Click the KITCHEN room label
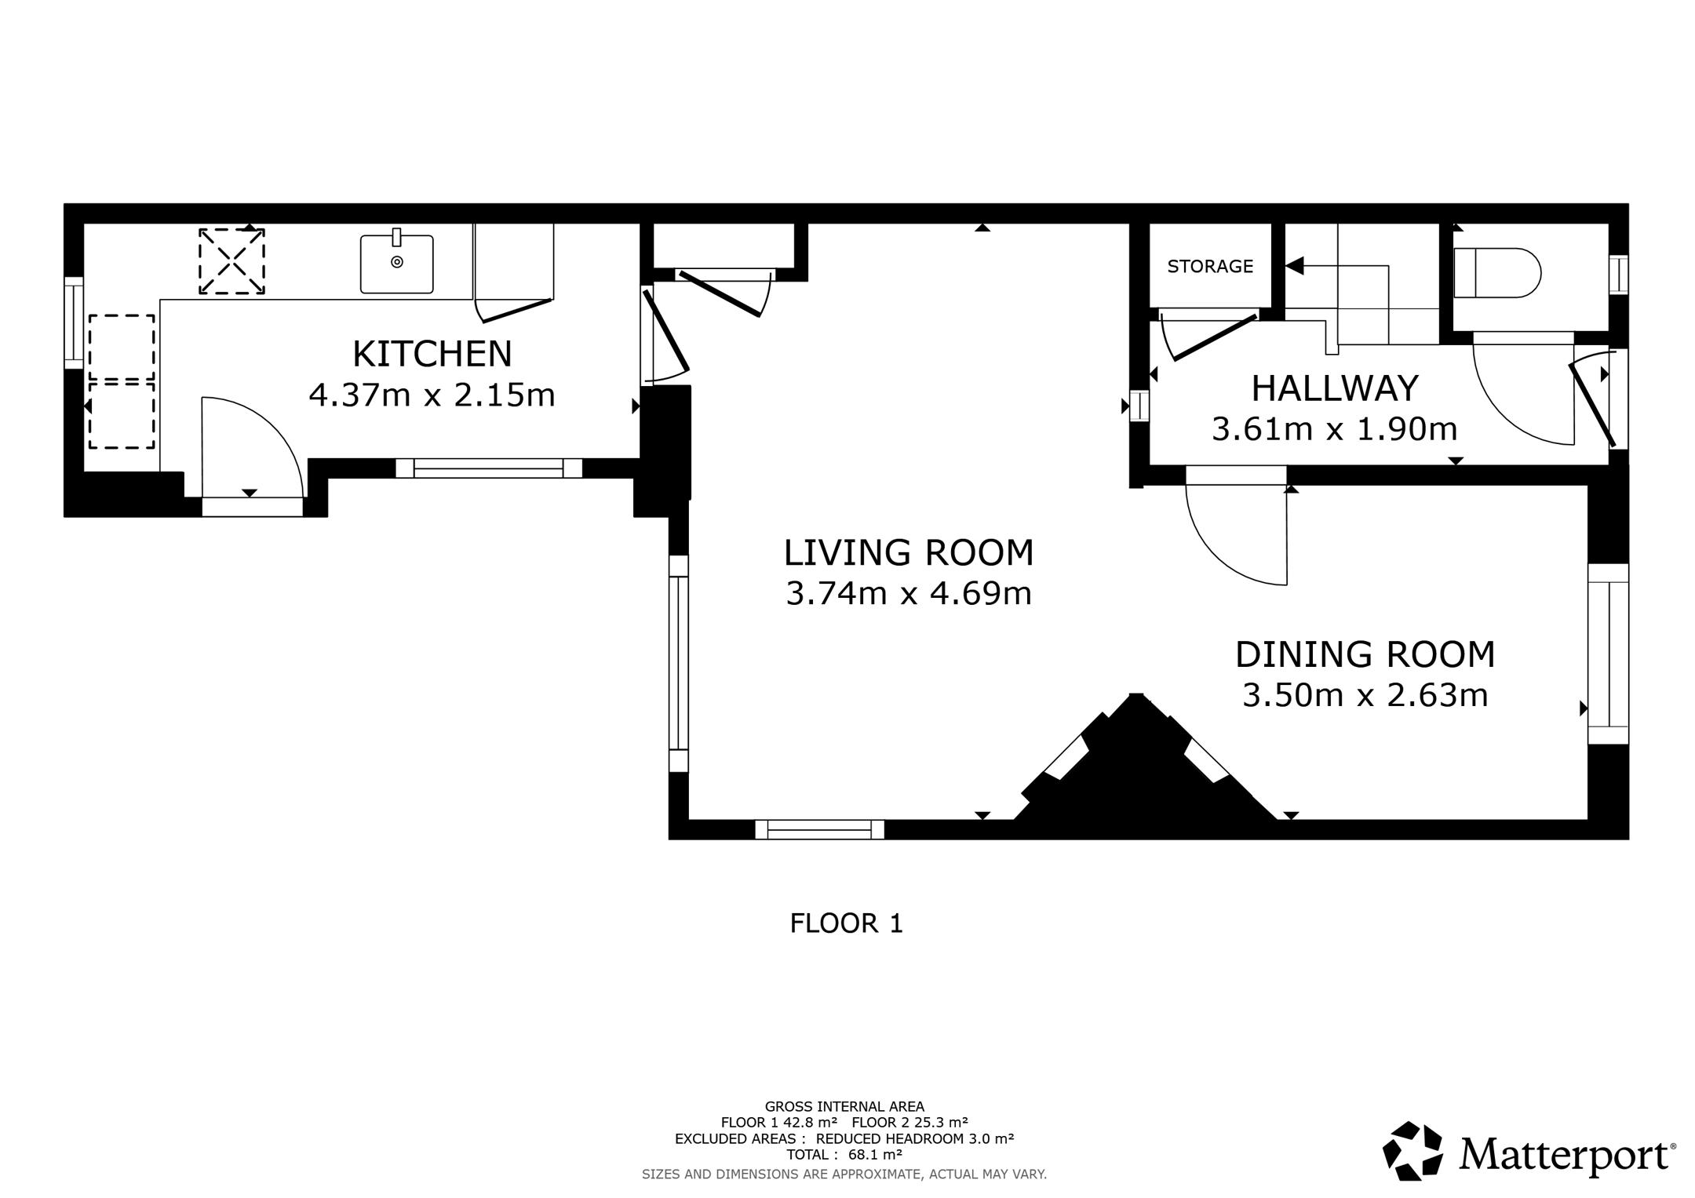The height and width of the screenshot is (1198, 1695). coord(432,354)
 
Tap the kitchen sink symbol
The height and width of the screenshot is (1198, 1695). coord(397,264)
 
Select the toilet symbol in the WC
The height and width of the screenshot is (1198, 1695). coord(1497,273)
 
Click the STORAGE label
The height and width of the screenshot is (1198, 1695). coord(1210,267)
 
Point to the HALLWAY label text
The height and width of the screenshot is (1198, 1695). coord(1335,388)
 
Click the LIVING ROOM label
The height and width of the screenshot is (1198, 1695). coord(909,552)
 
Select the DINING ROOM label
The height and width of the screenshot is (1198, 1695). coord(1365,654)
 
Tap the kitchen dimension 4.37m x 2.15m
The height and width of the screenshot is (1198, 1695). coord(432,395)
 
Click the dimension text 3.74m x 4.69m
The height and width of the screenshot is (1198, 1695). coord(909,593)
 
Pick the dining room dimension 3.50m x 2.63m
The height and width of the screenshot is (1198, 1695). coord(1365,695)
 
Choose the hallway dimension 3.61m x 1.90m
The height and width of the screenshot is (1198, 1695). coord(1335,429)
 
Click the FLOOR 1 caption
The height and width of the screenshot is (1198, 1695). coord(847,923)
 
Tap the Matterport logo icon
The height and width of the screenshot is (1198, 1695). coord(1412,1151)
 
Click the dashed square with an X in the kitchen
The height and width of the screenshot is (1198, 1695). coord(231,261)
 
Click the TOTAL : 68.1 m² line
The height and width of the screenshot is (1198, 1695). coord(844,1155)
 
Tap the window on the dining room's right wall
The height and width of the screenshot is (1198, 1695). coord(1608,654)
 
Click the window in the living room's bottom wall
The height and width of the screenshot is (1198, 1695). coord(819,829)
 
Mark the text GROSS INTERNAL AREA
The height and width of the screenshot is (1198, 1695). coord(844,1107)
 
